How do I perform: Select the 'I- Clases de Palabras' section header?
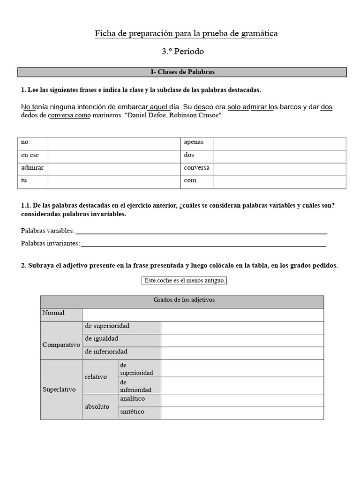tap(182, 72)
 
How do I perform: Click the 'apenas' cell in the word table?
tap(194, 142)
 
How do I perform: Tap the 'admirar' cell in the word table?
tap(32, 168)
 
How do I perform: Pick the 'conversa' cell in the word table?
tap(196, 168)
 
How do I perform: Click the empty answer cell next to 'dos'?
tap(279, 155)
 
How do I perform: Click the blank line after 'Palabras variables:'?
tap(201, 231)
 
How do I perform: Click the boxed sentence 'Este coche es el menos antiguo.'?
tap(185, 281)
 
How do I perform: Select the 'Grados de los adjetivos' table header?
tap(184, 300)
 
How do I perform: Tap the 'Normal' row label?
tap(53, 313)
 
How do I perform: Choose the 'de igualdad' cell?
tap(101, 338)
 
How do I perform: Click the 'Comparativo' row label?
tap(61, 345)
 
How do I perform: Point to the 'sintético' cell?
tap(132, 412)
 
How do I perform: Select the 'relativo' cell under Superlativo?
tap(96, 377)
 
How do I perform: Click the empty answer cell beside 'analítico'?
tap(242, 400)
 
